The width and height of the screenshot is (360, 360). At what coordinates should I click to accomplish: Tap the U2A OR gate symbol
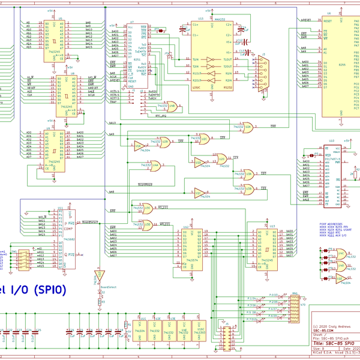(x=247, y=128)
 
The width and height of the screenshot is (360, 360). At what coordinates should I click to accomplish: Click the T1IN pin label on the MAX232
(x=195, y=59)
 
